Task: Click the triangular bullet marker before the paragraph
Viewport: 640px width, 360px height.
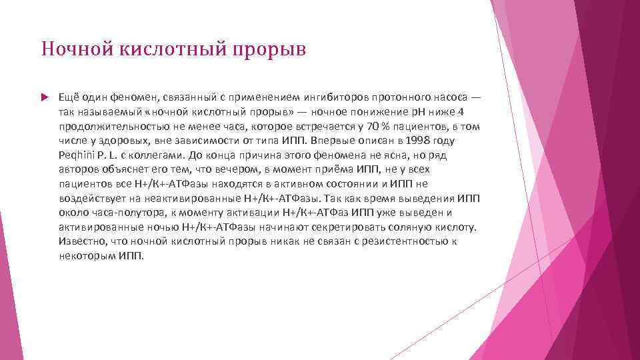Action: (x=45, y=97)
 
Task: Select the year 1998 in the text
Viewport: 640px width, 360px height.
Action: (x=409, y=140)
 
